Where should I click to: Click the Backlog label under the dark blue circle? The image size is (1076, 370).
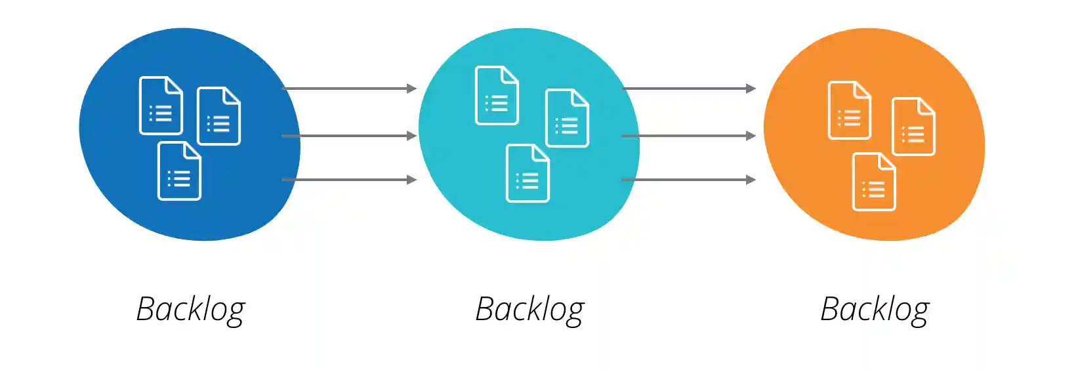point(190,309)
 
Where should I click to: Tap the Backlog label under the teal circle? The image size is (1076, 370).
point(529,309)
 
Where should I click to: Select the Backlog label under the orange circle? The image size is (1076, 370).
point(875,309)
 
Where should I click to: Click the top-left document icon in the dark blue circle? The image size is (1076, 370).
point(161,106)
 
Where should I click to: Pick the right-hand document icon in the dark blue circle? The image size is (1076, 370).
point(218,116)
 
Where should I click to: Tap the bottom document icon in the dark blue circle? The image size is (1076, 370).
point(179,171)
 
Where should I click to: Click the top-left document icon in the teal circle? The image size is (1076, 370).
point(497,95)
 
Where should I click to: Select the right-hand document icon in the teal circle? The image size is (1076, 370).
point(567,118)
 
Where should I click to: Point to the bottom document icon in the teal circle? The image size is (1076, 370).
point(528,173)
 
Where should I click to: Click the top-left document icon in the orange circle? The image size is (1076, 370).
point(849,110)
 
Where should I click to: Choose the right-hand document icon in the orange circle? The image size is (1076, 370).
point(913,127)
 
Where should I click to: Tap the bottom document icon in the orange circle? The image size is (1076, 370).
point(873,182)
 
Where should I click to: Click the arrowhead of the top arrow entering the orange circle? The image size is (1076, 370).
point(751,89)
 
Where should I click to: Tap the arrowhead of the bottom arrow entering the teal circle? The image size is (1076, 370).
point(412,180)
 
